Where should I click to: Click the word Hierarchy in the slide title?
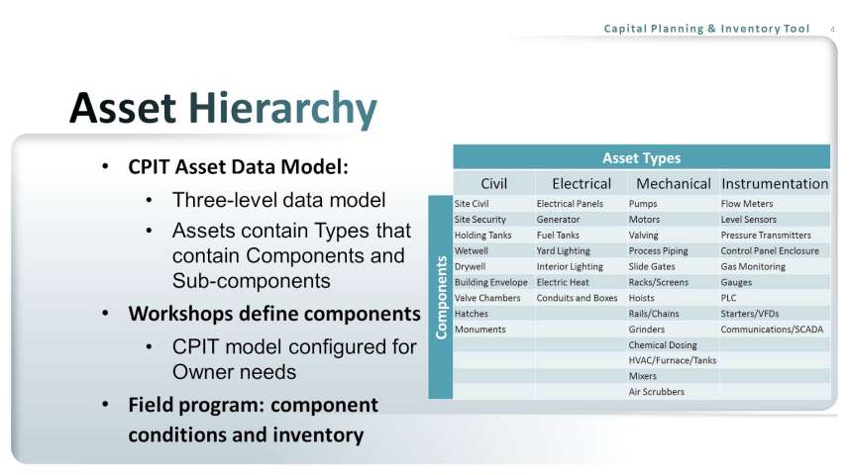(x=282, y=109)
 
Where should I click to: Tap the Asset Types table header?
(x=642, y=158)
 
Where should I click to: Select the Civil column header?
(x=493, y=184)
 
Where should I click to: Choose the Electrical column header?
(x=582, y=184)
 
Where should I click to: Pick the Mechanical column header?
(x=673, y=184)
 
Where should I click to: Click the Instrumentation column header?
(x=775, y=184)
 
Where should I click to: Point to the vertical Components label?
(x=441, y=298)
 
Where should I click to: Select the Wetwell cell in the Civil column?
(x=472, y=251)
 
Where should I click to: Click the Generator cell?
(x=558, y=220)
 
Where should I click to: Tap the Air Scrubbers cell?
(x=656, y=392)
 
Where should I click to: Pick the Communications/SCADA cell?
(x=772, y=330)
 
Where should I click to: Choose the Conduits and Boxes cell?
(x=577, y=298)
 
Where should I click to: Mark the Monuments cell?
(x=479, y=330)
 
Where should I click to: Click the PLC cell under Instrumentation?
(x=728, y=298)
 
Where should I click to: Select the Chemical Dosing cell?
(x=663, y=345)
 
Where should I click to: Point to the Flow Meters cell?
(x=747, y=204)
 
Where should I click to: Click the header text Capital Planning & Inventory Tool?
(x=706, y=29)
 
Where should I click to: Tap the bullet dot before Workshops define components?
(x=105, y=314)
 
